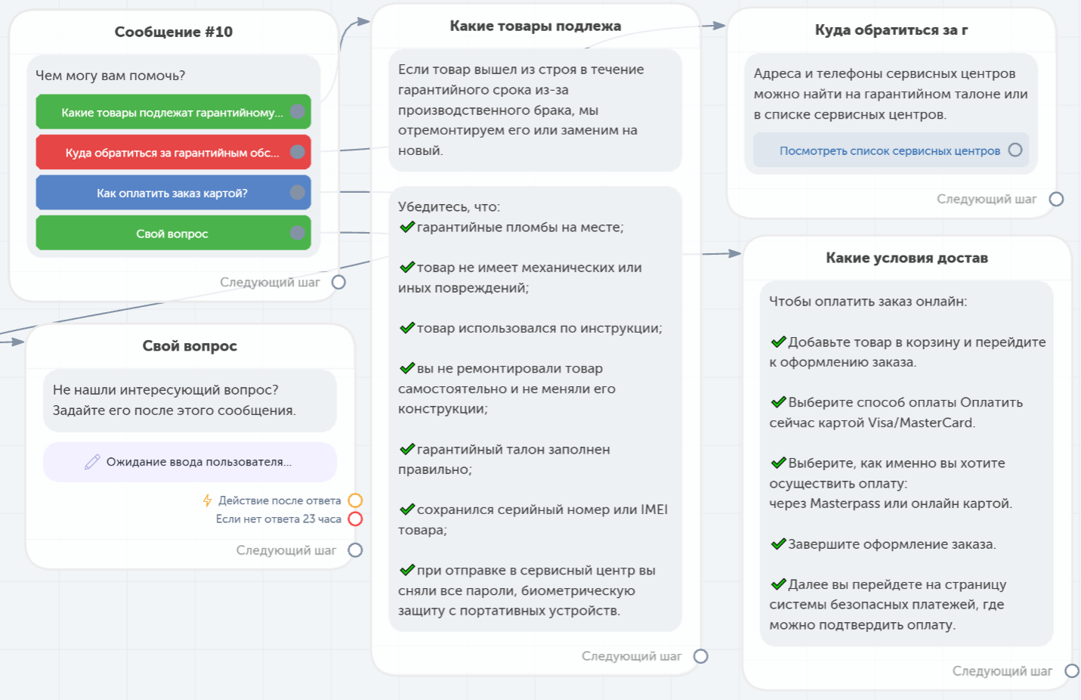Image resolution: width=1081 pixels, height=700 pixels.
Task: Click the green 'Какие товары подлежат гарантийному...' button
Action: pyautogui.click(x=173, y=112)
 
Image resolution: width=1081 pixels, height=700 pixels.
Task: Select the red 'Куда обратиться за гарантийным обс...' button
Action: pyautogui.click(x=173, y=153)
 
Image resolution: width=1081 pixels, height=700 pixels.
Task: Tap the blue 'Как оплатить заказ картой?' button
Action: pyautogui.click(x=173, y=193)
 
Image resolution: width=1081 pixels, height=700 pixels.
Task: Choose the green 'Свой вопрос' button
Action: pyautogui.click(x=173, y=233)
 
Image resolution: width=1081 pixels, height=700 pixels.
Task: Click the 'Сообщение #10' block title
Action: pyautogui.click(x=173, y=32)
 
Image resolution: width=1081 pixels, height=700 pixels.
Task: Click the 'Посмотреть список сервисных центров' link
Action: pyautogui.click(x=889, y=150)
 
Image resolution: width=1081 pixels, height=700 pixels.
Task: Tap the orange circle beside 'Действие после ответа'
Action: pyautogui.click(x=355, y=500)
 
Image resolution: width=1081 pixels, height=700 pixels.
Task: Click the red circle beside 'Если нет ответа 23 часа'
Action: pyautogui.click(x=355, y=519)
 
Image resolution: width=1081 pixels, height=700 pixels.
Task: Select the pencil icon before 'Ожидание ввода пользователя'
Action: pyautogui.click(x=92, y=462)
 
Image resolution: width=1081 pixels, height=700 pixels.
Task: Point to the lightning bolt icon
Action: pyautogui.click(x=208, y=500)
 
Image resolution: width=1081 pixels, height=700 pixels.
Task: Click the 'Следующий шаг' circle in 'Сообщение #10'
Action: pyautogui.click(x=338, y=282)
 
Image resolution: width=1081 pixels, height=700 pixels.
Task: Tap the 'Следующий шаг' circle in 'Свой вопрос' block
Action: pyautogui.click(x=355, y=550)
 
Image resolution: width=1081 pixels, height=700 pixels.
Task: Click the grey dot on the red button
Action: pyautogui.click(x=298, y=152)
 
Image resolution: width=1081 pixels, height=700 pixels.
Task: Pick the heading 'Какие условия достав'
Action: pyautogui.click(x=906, y=258)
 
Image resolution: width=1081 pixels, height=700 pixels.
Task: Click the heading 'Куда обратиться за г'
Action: pyautogui.click(x=891, y=30)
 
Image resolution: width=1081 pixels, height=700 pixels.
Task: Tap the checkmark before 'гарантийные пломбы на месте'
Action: pyautogui.click(x=407, y=226)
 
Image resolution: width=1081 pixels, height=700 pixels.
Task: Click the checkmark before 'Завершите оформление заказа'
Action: pyautogui.click(x=778, y=544)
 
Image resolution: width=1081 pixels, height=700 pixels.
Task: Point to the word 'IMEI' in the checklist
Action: pyautogui.click(x=654, y=510)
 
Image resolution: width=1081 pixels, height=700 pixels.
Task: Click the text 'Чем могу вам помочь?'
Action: pyautogui.click(x=110, y=76)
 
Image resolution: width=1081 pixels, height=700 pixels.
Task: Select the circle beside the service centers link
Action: pyautogui.click(x=1015, y=150)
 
